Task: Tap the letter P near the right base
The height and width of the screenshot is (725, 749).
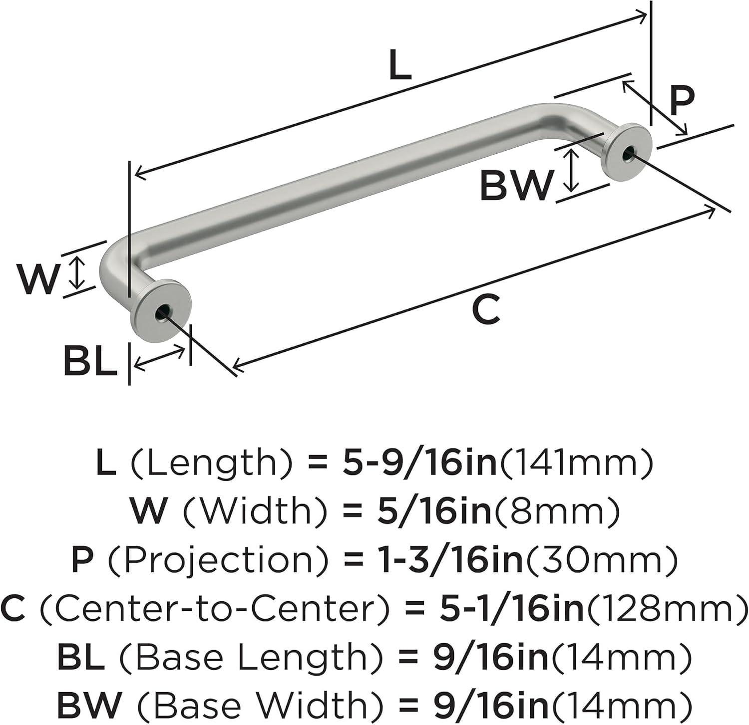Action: coord(681,101)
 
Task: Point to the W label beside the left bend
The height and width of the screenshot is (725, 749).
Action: coord(38,279)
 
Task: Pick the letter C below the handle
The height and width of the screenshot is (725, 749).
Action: coord(486,310)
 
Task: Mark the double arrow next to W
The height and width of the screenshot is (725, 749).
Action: coord(76,272)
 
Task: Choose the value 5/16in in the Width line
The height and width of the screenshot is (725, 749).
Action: coord(434,511)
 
